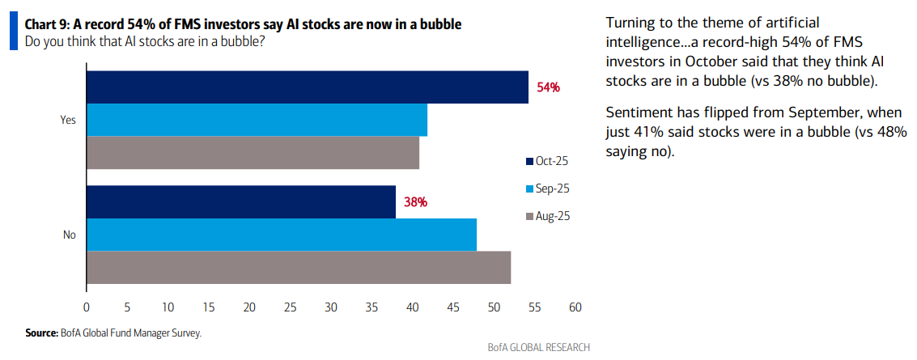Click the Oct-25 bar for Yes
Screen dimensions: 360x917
[x=308, y=87]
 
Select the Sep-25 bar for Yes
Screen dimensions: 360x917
[x=257, y=120]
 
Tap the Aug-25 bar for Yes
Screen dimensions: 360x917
[x=253, y=152]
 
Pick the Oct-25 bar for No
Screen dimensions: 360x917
[x=241, y=202]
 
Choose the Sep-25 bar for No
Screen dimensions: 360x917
[x=281, y=235]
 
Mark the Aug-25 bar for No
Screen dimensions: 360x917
[x=299, y=267]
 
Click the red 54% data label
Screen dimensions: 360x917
[x=548, y=87]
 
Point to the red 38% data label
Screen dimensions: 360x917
[x=415, y=202]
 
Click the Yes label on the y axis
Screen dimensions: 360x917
[x=68, y=120]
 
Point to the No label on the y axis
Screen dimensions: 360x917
[x=70, y=235]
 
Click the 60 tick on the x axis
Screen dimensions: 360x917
[x=575, y=307]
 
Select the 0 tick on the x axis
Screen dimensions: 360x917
[x=87, y=307]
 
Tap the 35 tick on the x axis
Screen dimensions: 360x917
[x=371, y=307]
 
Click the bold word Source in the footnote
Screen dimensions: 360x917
[x=40, y=332]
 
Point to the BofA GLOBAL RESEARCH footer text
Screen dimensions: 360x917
[x=538, y=347]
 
